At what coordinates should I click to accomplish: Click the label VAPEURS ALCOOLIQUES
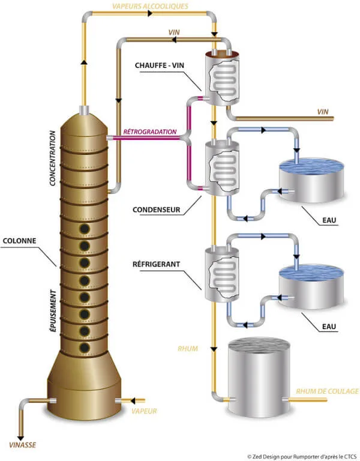[x=150, y=6]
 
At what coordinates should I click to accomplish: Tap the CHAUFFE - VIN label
[x=160, y=65]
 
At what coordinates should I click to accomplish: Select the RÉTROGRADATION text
[x=150, y=131]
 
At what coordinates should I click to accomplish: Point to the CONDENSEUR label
[x=157, y=209]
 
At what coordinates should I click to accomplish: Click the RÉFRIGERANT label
[x=157, y=264]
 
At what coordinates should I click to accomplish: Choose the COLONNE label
[x=19, y=241]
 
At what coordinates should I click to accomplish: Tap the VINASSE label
[x=23, y=445]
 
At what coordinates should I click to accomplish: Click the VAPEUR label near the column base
[x=144, y=411]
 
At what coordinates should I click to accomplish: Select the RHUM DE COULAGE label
[x=327, y=391]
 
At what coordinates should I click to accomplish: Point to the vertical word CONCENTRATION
[x=53, y=158]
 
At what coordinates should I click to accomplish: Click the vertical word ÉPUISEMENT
[x=53, y=311]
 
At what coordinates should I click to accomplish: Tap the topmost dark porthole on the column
[x=85, y=229]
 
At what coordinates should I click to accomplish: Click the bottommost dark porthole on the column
[x=85, y=348]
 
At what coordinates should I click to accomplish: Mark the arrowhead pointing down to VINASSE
[x=20, y=438]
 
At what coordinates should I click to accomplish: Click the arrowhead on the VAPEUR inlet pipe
[x=133, y=400]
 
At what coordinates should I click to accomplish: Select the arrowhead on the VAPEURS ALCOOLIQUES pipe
[x=150, y=13]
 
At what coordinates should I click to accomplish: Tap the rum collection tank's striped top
[x=259, y=346]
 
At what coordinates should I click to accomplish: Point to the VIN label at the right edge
[x=323, y=112]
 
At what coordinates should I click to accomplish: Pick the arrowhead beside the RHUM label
[x=214, y=349]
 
